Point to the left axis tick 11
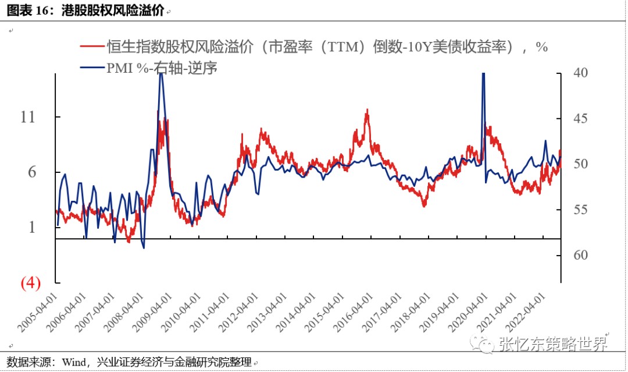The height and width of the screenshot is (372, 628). click(x=28, y=117)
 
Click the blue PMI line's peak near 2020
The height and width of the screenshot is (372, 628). click(x=483, y=75)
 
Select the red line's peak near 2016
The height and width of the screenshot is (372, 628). click(x=367, y=109)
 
